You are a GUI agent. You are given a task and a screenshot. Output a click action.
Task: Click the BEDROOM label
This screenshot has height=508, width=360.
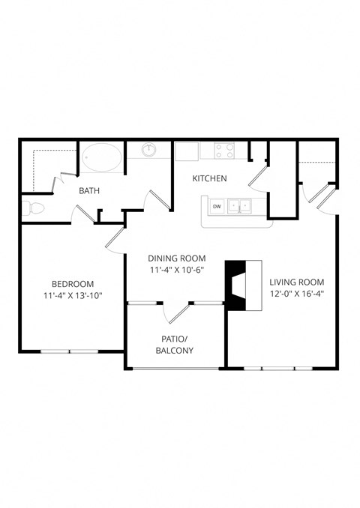(72, 283)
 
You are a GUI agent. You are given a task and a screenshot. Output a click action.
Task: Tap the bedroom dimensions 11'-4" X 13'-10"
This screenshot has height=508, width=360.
(72, 295)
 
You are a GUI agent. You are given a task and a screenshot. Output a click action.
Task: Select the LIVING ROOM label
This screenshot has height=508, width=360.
(296, 282)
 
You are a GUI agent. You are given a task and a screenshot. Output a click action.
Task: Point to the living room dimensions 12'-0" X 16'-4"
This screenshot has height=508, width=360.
(296, 294)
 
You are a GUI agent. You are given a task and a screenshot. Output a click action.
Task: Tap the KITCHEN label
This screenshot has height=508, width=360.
(209, 178)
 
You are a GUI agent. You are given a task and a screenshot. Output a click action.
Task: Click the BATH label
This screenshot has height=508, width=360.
(90, 191)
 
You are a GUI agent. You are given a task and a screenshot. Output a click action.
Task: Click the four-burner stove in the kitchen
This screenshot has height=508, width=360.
(224, 151)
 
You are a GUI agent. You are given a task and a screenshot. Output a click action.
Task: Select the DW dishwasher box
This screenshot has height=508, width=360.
(216, 206)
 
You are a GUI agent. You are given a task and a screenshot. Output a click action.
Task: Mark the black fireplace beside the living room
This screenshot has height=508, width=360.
(235, 285)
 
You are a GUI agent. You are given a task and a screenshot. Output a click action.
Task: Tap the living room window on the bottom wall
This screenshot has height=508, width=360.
(277, 369)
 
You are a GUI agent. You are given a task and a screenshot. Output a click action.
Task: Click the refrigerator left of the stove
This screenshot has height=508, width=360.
(187, 151)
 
